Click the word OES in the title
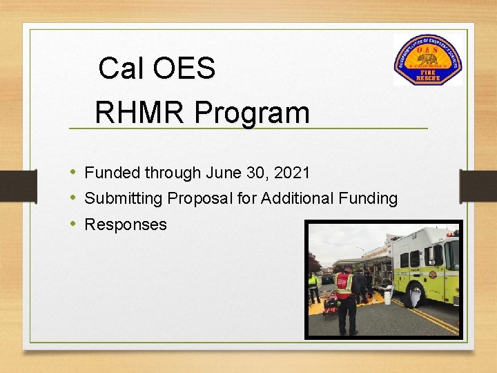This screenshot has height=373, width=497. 184,68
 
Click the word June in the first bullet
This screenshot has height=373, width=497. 218,173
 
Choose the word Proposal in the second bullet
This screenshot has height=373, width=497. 199,199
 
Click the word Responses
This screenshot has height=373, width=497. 126,224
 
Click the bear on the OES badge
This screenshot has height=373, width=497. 427,59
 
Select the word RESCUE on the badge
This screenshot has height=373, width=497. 428,78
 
